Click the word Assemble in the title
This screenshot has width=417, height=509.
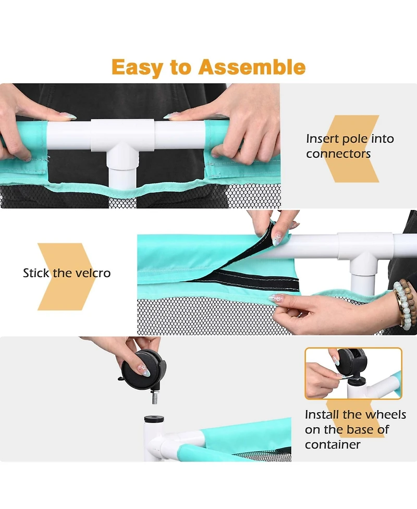coord(252,67)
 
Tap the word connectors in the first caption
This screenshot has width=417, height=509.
coord(338,154)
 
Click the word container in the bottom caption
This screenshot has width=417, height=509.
coord(333,444)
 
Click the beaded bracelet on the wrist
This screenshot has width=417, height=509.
coord(404,302)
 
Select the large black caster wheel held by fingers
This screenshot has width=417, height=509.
coord(142,370)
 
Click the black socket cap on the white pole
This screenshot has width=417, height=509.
coord(154,419)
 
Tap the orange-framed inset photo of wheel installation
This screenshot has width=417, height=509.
coord(353,374)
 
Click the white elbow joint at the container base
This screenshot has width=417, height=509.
coord(156,441)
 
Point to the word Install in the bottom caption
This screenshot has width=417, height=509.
coord(322,415)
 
